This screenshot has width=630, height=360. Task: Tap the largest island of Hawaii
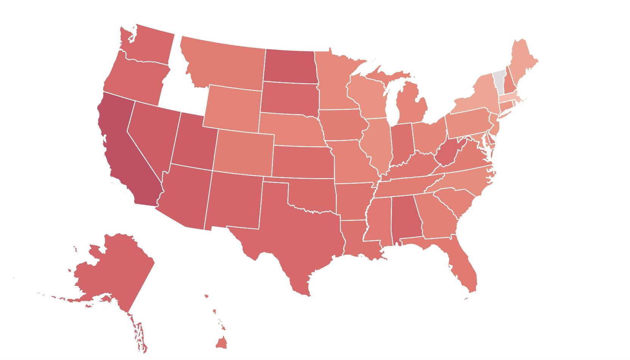(221, 343)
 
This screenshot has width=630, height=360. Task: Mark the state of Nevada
(152, 133)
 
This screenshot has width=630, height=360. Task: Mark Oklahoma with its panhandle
(315, 197)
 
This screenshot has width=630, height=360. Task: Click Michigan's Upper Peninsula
(387, 76)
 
